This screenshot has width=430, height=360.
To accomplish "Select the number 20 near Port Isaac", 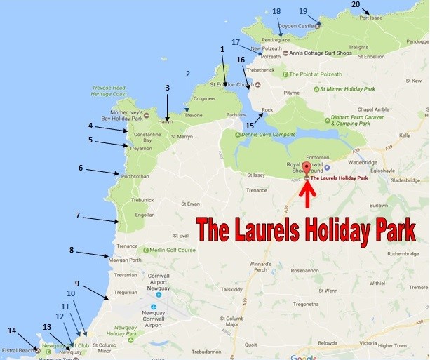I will point(356,4).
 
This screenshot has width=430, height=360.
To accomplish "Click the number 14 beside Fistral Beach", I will point(12,330).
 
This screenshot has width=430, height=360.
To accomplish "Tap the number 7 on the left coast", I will point(79,215).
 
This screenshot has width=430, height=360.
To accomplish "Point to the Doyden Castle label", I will point(297,26).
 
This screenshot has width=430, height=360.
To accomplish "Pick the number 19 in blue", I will point(303,11).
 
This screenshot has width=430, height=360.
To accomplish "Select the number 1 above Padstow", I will point(222,49).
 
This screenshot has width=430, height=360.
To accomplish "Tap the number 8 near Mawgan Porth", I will point(72,250).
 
